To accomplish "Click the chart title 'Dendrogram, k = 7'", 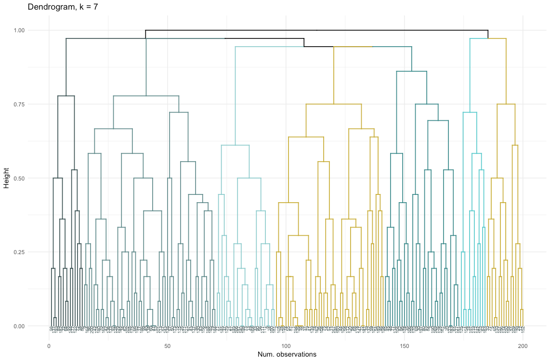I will (63, 7).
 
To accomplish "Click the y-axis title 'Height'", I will (7, 178).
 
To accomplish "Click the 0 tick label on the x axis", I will (49, 346).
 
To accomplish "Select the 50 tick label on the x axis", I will (167, 346).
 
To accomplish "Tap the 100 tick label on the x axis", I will (286, 346).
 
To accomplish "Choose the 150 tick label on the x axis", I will (405, 346).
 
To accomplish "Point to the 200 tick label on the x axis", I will (523, 346).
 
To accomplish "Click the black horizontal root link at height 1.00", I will (316, 30).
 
